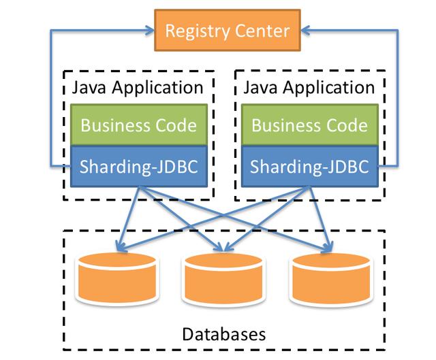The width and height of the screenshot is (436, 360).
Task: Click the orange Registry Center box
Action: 228,30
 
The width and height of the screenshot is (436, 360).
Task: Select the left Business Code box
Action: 138,125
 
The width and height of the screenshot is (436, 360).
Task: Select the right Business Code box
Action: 309,125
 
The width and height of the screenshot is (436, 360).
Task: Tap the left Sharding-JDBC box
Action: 138,165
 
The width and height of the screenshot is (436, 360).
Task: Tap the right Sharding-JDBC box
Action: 309,165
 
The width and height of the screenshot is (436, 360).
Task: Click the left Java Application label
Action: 138,88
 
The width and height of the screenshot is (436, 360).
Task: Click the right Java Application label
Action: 309,88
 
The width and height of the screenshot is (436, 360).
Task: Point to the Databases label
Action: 224,334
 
